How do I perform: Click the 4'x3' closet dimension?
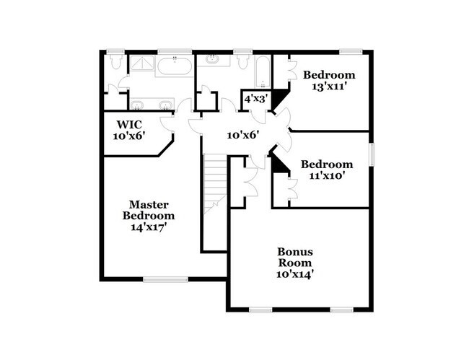click(x=256, y=98)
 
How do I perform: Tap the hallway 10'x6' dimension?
click(x=242, y=134)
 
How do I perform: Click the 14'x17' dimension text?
click(x=148, y=227)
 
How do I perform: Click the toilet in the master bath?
click(x=116, y=62)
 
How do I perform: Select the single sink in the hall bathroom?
click(x=214, y=59)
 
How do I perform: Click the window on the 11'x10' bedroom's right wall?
click(x=372, y=154)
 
